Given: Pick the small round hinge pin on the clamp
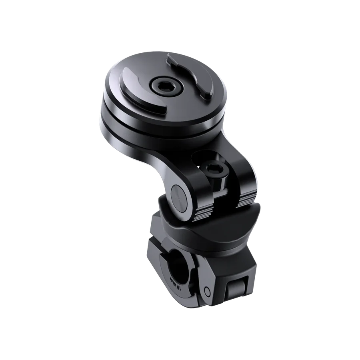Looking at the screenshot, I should pyautogui.click(x=206, y=290).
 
